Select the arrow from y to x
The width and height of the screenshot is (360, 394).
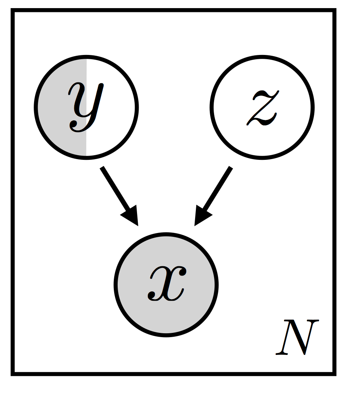coord(118,194)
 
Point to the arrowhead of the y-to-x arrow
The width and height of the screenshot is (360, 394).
coord(131,217)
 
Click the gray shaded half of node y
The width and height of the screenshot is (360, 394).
coord(54,116)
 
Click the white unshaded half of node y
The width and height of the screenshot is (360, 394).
coord(116,116)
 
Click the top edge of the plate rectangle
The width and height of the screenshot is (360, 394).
coord(174,11)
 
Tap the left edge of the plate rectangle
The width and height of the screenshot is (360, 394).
coord(14,194)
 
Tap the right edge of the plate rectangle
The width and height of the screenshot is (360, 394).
coord(334,194)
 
